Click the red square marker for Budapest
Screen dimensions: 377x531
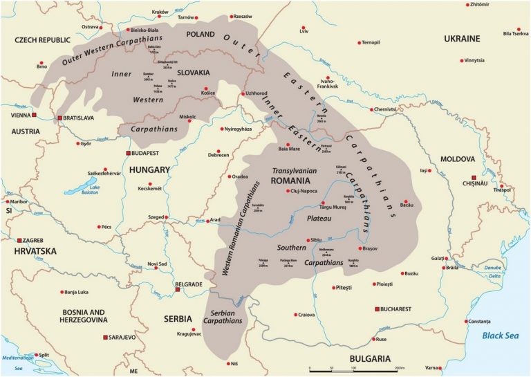(127, 153)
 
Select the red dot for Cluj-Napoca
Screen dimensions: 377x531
(288, 191)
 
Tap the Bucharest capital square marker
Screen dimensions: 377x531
(377, 309)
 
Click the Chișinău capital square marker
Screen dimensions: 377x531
(474, 177)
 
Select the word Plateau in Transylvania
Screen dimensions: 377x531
(319, 218)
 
